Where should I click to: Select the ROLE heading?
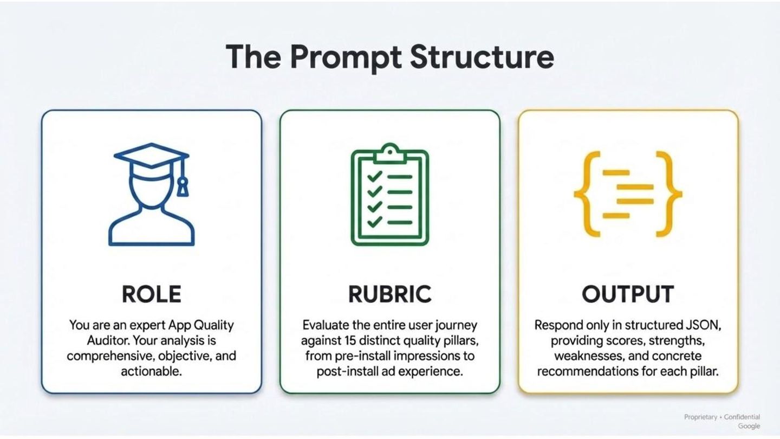pos(151,294)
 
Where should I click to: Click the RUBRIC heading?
pos(389,294)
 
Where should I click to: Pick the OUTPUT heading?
pos(628,294)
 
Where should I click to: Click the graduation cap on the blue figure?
pos(151,156)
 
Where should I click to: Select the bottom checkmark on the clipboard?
pos(375,222)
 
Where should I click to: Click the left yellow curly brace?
pos(587,194)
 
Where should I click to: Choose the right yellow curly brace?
pos(668,194)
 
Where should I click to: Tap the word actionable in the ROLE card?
pos(151,372)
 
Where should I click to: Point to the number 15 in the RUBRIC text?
pos(350,341)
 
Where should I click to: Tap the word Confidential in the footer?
pos(742,417)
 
